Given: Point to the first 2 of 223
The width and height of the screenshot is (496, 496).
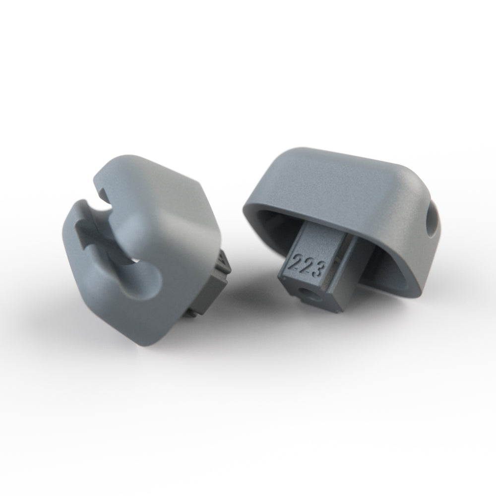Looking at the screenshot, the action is pyautogui.click(x=299, y=261).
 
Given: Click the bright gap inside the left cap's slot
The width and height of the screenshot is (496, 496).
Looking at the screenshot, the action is pyautogui.click(x=135, y=259).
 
